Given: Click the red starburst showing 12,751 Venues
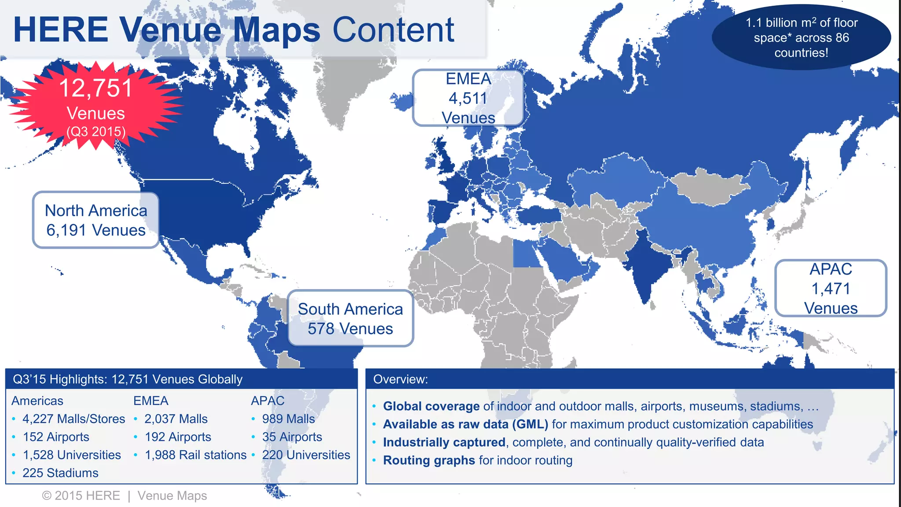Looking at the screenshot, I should pos(96,106).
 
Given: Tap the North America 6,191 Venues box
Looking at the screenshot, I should pos(96,220).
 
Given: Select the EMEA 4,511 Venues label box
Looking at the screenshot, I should pos(468,98).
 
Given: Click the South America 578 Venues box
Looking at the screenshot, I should pos(350,319).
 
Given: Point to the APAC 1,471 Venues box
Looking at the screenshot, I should pos(831,288).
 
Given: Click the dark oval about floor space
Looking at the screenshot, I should pos(801,37).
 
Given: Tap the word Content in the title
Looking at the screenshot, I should pos(393,30).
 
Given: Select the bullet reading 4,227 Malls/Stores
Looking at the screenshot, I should pos(73,419).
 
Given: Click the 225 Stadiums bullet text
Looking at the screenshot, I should pos(60,473).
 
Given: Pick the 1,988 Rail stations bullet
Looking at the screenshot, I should pos(195,455).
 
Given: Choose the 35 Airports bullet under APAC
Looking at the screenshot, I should pos(292,437).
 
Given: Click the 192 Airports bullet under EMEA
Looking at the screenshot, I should pos(178,437).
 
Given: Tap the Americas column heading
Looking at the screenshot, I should pos(37,400).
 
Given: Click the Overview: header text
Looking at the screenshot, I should pos(400,379).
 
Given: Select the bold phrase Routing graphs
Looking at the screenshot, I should pos(429,460).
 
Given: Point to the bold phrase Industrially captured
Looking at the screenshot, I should pos(444,442).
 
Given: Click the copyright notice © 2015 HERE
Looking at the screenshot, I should pos(81,496).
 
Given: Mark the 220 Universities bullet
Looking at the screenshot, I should pos(306,455).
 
